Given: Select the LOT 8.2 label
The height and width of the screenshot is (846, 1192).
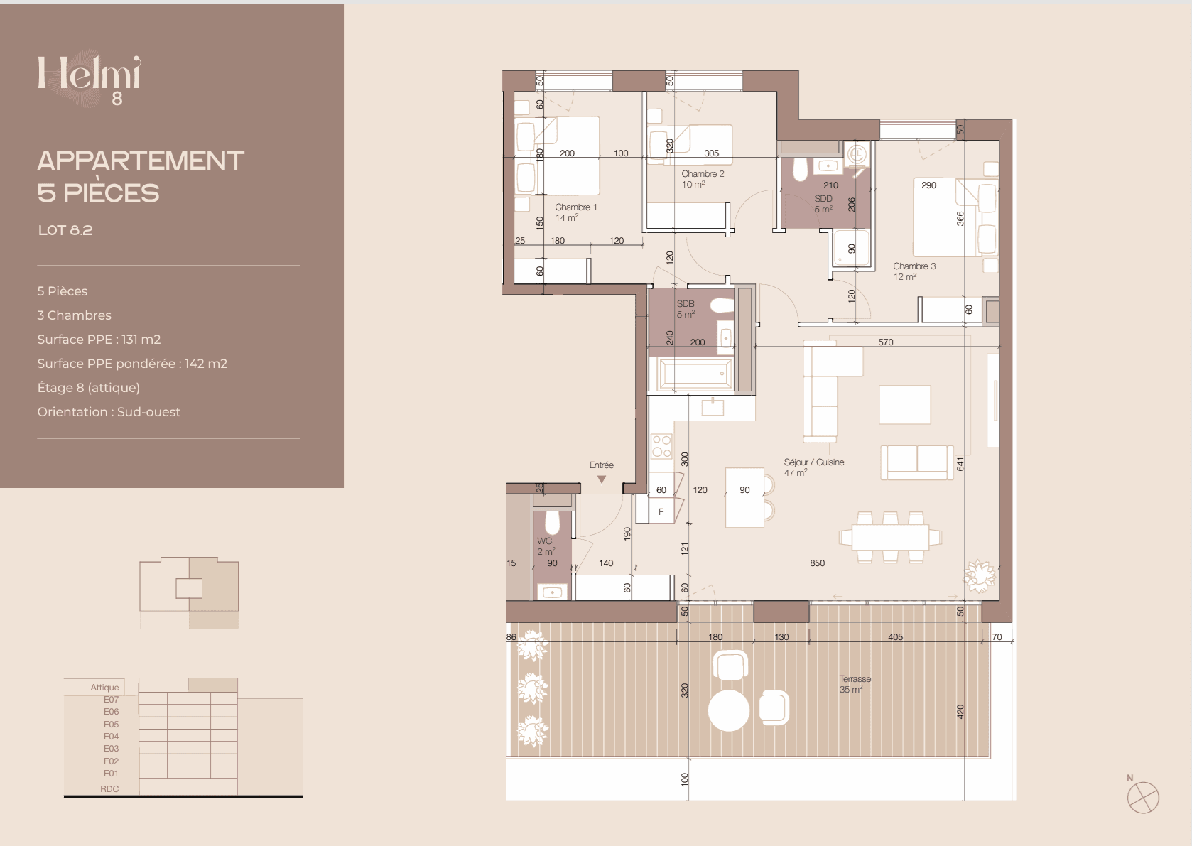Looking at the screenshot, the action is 65,230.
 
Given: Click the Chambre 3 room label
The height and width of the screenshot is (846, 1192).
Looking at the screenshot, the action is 914,271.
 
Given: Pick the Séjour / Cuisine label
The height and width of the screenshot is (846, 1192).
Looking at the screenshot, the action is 813,467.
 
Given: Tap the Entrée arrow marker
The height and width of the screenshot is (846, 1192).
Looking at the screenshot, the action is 601,479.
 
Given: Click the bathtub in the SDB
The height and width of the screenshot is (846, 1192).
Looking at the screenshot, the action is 695,374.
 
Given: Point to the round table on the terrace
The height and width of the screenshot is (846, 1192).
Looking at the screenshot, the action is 729,711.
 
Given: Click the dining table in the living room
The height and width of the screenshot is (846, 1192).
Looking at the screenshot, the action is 890,537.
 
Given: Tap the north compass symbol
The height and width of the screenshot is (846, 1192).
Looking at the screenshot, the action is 1143,796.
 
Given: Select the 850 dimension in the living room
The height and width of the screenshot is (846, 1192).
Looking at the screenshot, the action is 818,563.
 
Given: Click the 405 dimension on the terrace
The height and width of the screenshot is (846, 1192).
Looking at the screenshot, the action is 896,637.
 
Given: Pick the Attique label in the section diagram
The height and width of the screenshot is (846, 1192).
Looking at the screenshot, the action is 104,688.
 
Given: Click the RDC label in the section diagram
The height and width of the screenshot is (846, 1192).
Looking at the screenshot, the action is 109,789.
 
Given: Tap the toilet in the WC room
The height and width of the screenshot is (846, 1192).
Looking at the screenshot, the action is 553,524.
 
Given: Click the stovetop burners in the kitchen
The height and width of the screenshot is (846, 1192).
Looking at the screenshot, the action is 661,446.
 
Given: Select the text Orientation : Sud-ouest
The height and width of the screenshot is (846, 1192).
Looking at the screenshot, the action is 109,412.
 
